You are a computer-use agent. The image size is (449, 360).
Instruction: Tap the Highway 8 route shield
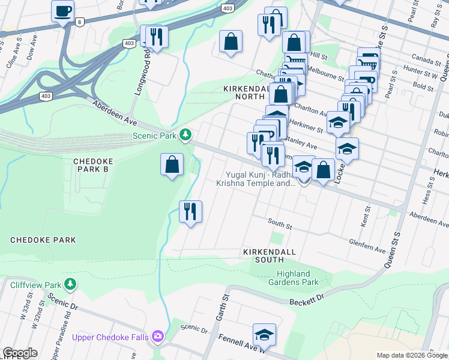79,22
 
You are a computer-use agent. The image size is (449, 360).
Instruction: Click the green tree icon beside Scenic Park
186,135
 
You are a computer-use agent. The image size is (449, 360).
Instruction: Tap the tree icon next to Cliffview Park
70,283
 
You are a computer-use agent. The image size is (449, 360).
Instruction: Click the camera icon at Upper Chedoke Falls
158,337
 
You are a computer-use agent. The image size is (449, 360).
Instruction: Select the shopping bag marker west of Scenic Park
172,164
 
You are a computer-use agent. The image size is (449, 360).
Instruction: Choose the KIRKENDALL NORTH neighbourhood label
244,92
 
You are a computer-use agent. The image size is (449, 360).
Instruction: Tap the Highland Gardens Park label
293,278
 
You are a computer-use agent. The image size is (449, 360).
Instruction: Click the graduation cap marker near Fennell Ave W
264,334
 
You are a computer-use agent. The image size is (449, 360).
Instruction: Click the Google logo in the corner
20,353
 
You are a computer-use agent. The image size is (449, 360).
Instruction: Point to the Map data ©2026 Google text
411,355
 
